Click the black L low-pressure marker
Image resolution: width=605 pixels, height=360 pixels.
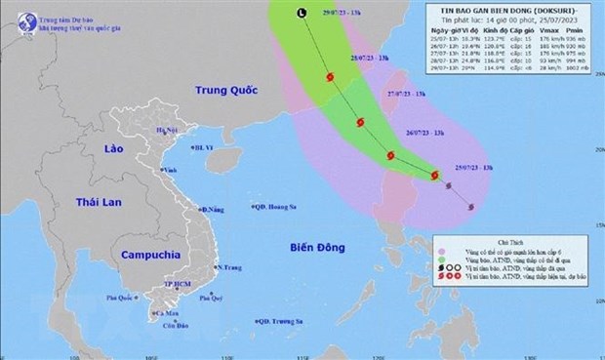(301, 12)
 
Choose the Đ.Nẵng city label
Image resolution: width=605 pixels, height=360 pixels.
(214, 209)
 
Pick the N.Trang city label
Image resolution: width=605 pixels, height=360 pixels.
(228, 267)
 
